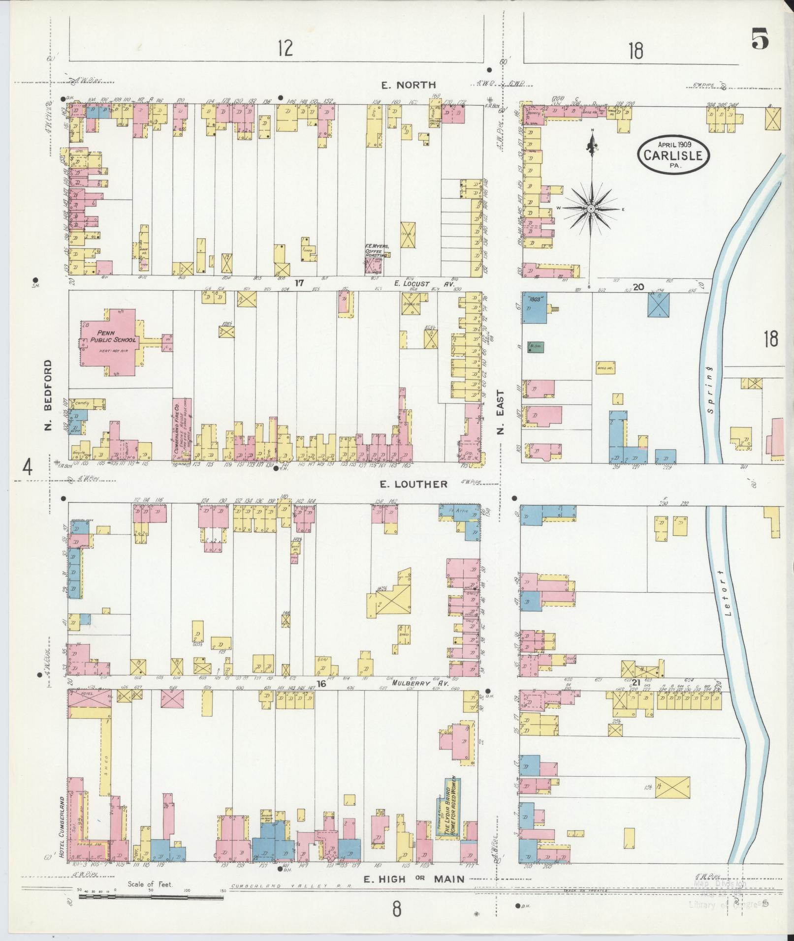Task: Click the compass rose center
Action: (x=590, y=209)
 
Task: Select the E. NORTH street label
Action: (x=409, y=85)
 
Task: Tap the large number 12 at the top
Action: (x=285, y=48)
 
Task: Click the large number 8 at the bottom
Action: (x=396, y=909)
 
